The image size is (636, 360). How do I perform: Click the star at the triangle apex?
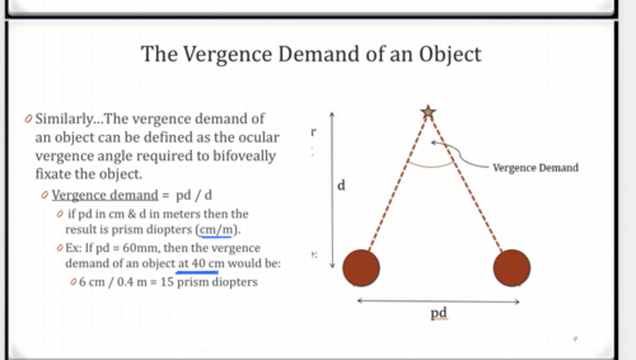click(428, 112)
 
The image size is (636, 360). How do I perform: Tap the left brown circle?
click(361, 268)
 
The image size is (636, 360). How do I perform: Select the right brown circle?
click(511, 268)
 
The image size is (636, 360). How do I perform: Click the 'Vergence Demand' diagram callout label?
click(535, 168)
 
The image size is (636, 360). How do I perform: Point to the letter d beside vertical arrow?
click(341, 186)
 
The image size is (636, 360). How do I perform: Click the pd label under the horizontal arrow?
click(439, 313)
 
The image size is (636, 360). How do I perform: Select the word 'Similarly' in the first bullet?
click(64, 119)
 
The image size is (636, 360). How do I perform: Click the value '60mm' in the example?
click(137, 248)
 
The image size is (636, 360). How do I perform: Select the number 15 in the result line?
click(167, 282)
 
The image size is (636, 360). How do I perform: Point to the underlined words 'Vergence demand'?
click(105, 195)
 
